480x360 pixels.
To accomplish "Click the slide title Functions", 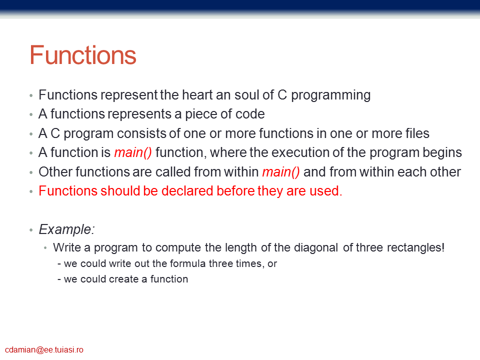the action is [x=82, y=55].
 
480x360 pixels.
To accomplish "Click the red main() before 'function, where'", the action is [x=133, y=153].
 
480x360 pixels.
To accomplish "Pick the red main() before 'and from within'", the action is [x=281, y=172].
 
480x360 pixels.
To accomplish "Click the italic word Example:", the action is [x=66, y=229].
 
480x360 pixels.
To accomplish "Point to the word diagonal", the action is [x=316, y=247].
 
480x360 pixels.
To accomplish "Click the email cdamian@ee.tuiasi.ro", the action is [x=44, y=350].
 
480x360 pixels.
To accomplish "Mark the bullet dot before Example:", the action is [x=31, y=230].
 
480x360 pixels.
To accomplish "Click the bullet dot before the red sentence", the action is [x=31, y=191].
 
